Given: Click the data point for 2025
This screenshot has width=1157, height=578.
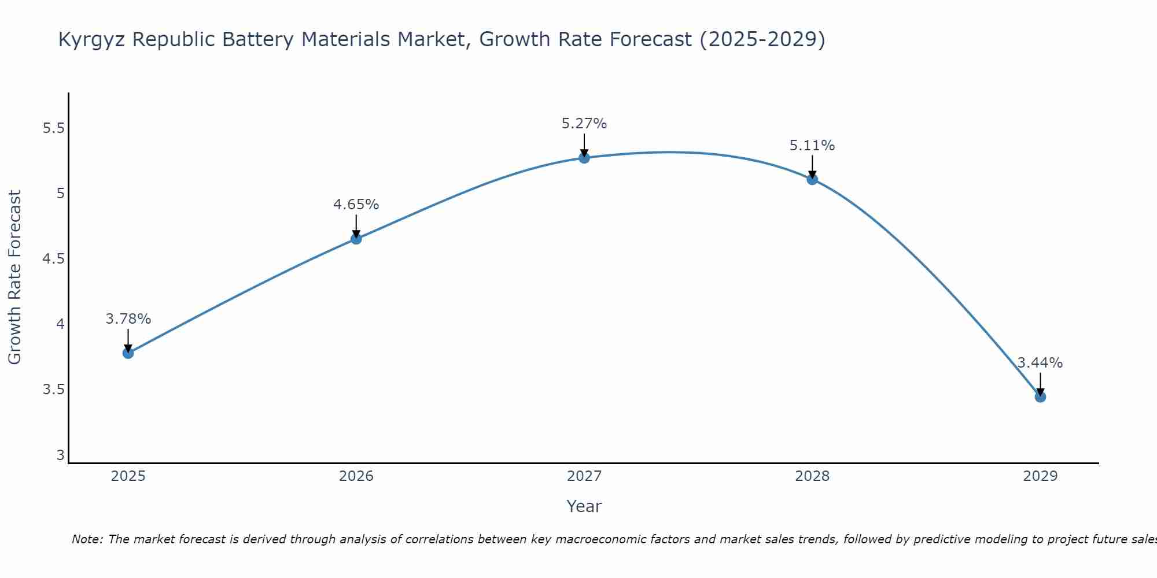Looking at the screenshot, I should [128, 353].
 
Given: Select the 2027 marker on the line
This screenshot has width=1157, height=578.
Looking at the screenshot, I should [584, 158].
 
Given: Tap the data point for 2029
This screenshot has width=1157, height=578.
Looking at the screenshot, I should [1040, 397].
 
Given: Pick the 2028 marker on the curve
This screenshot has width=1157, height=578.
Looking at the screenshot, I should [812, 179].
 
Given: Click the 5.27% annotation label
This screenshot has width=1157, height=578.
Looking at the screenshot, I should [584, 124].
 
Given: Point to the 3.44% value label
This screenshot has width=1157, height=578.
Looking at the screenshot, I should [1040, 363].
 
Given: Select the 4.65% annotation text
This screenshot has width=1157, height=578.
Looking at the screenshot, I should [356, 205].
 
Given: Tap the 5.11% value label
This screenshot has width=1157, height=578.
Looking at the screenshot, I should [812, 146].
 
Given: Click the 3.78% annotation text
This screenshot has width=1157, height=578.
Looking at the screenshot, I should [128, 319].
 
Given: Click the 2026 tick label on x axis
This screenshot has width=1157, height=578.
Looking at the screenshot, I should [356, 476].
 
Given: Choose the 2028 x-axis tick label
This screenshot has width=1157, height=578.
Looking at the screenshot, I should [812, 476].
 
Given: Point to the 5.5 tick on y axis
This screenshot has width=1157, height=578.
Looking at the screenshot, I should [53, 128].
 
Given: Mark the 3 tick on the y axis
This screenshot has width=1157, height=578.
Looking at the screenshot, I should [60, 455].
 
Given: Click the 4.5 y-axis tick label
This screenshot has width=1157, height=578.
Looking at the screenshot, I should [53, 259].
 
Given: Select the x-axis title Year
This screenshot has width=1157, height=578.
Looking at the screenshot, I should [584, 506].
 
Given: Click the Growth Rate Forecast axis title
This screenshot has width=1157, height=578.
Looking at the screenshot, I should [15, 277].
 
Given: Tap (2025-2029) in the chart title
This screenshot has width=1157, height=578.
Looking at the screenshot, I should [762, 40].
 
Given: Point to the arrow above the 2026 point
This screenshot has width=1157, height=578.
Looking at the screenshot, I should [356, 226].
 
